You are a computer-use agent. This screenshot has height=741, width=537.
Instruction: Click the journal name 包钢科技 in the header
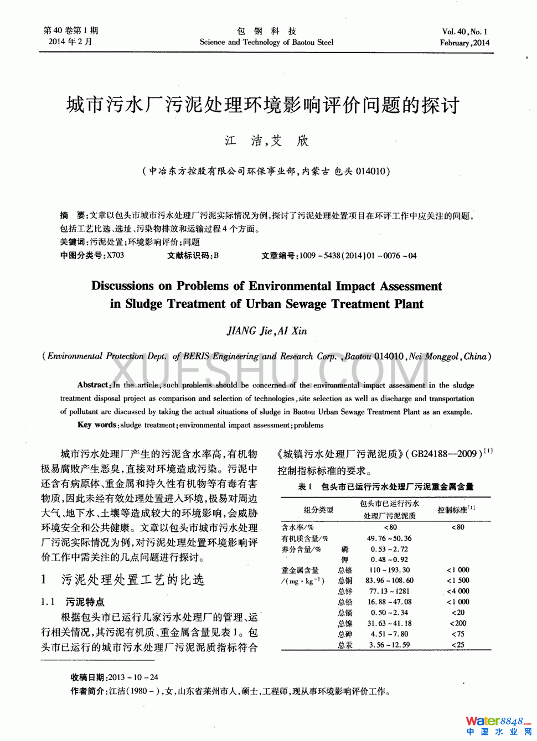pyautogui.click(x=266, y=31)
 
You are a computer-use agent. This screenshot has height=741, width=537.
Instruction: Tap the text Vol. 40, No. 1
pyautogui.click(x=464, y=32)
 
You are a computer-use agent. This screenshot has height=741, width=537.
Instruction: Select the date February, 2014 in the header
pyautogui.click(x=464, y=43)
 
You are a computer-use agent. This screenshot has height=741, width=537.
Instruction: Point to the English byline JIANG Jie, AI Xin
pyautogui.click(x=266, y=331)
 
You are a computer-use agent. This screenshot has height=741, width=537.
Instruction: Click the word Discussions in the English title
pyautogui.click(x=122, y=286)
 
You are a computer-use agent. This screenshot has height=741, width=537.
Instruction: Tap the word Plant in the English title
pyautogui.click(x=409, y=304)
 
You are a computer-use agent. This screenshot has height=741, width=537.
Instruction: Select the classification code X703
pyautogui.click(x=115, y=256)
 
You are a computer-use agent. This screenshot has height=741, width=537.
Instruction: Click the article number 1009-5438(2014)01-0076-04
pyautogui.click(x=358, y=256)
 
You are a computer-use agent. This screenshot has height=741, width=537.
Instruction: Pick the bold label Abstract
pyautogui.click(x=93, y=385)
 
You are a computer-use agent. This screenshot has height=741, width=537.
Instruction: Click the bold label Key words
pyautogui.click(x=97, y=425)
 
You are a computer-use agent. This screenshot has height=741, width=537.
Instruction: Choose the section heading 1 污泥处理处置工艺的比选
pyautogui.click(x=123, y=580)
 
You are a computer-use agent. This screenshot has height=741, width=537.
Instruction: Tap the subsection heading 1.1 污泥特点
pyautogui.click(x=73, y=602)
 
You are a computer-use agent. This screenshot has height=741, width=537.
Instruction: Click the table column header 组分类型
pyautogui.click(x=318, y=510)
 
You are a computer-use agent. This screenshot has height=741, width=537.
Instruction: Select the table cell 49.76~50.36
pyautogui.click(x=389, y=538)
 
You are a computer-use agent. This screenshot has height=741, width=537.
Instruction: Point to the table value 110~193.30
pyautogui.click(x=389, y=570)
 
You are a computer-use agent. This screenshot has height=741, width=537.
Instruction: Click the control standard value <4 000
pyautogui.click(x=458, y=591)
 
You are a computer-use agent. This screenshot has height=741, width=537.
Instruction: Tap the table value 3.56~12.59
pyautogui.click(x=389, y=645)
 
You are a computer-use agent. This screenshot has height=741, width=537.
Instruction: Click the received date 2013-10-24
pyautogui.click(x=133, y=677)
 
